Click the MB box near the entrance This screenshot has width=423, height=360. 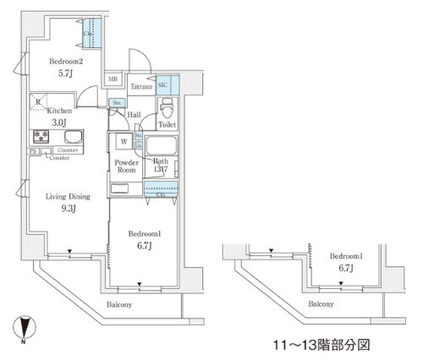click(x=112, y=80)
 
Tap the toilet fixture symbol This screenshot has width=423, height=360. click(x=167, y=109)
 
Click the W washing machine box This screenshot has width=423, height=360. click(x=123, y=142)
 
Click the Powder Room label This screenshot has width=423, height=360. click(x=125, y=165)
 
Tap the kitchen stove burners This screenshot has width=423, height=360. click(x=40, y=137)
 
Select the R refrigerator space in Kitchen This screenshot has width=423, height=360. click(x=38, y=103)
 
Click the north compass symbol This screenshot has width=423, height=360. click(x=26, y=325)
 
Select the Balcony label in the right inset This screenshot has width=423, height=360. click(x=320, y=305)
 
